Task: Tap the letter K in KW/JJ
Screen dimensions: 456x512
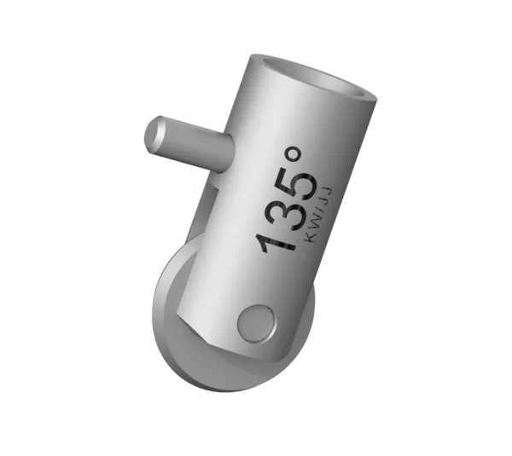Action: (x=308, y=237)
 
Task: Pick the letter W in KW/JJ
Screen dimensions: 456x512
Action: (x=312, y=223)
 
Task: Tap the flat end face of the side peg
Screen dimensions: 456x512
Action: (x=157, y=136)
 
